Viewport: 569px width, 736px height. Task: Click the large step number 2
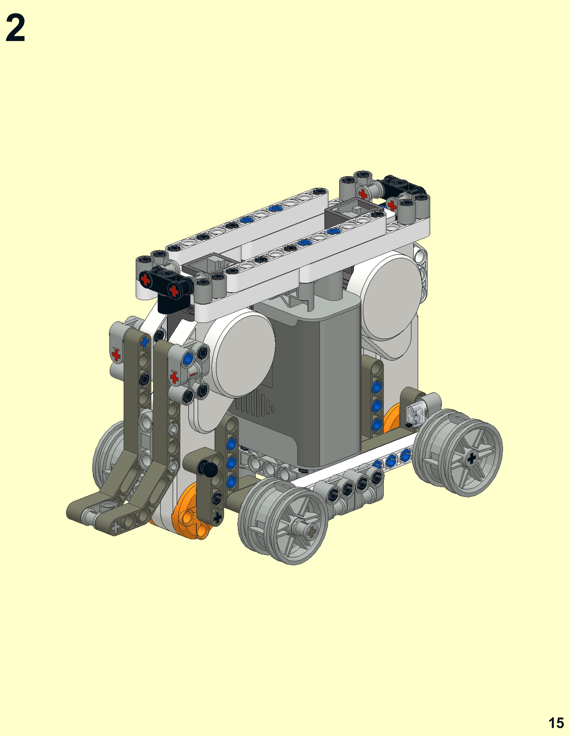[15, 28]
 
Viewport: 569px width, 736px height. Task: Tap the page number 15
[556, 723]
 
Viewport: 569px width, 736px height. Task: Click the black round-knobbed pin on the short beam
[208, 469]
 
